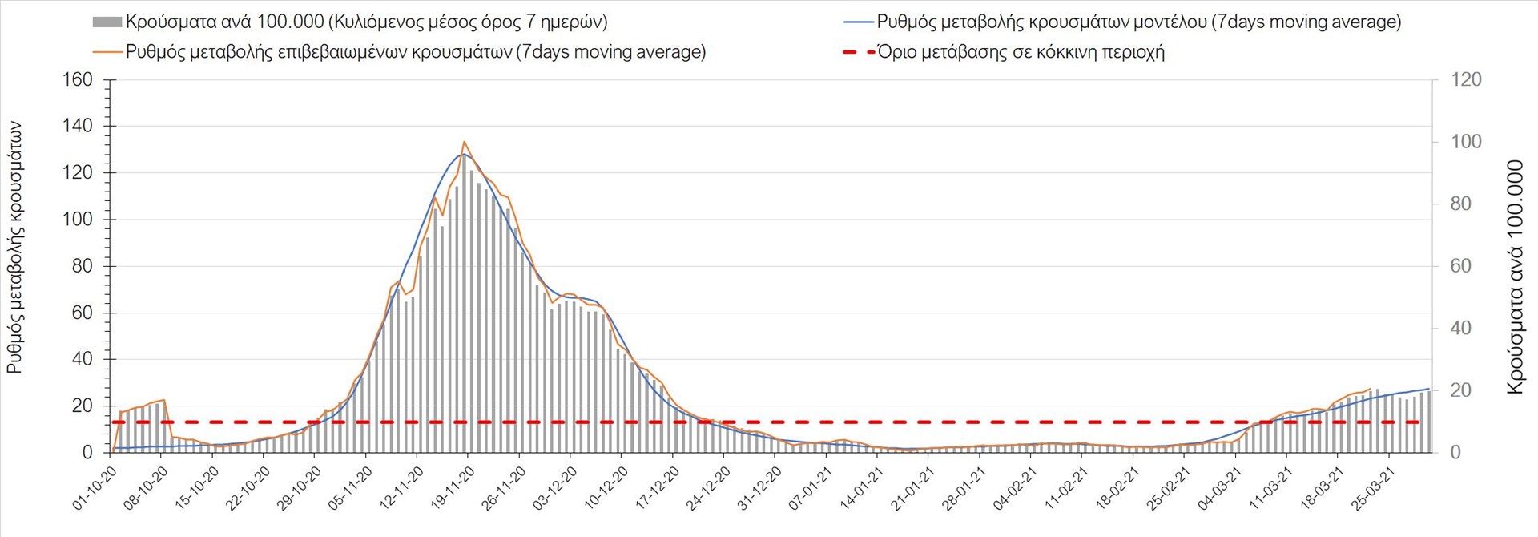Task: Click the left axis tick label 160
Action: point(78,80)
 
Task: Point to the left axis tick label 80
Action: point(83,266)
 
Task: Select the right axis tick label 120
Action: point(1466,80)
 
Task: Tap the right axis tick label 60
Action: point(1461,266)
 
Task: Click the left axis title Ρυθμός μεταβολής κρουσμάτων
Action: point(15,248)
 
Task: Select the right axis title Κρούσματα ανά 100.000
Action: point(1515,277)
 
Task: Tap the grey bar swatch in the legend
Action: point(107,22)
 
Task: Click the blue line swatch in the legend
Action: point(858,22)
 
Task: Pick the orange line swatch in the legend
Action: point(107,53)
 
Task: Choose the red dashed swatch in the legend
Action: point(858,53)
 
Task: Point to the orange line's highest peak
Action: point(465,142)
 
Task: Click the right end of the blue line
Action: point(1430,389)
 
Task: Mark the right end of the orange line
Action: point(1371,388)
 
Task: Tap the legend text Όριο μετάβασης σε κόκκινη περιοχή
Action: point(1021,53)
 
